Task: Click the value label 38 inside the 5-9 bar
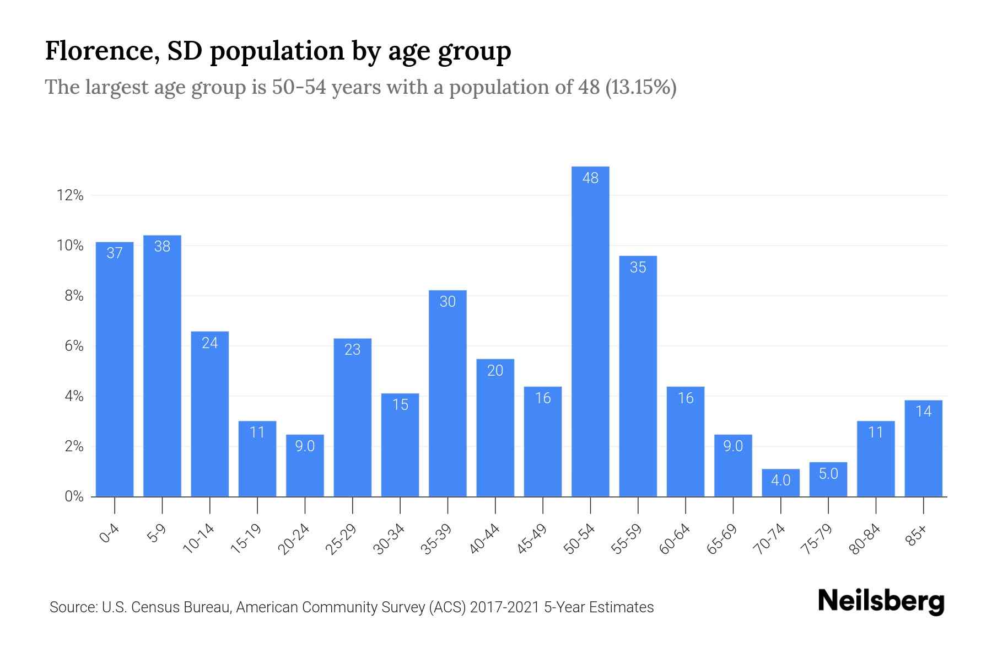[x=162, y=247]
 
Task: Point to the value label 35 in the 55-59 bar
[x=638, y=268]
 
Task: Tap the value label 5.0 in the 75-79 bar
[x=828, y=474]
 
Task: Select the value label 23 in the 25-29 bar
[x=352, y=350]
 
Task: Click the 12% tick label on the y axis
[x=70, y=195]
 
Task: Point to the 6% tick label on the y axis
[x=74, y=346]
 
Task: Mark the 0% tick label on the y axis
[x=74, y=496]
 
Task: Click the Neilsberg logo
[x=881, y=601]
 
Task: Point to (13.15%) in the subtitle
[x=641, y=87]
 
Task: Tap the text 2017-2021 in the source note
[x=504, y=607]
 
